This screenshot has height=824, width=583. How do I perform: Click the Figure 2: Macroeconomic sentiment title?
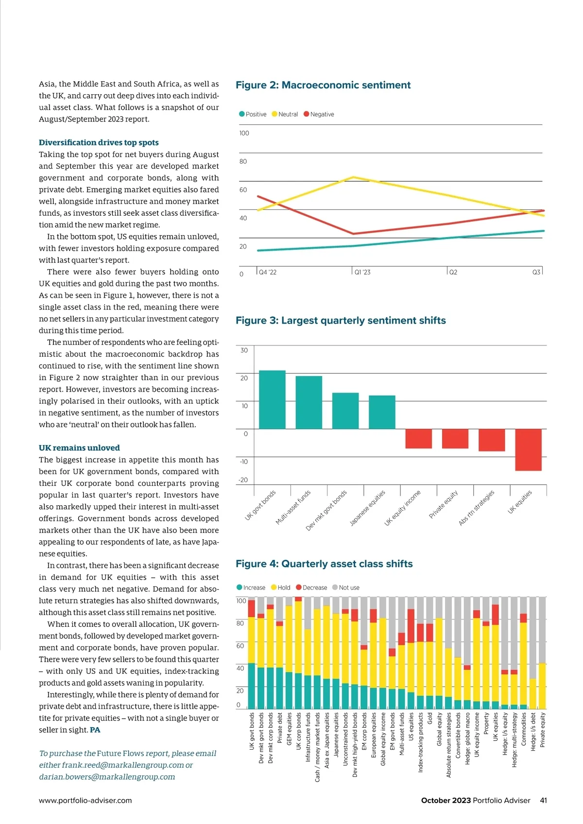[x=323, y=85]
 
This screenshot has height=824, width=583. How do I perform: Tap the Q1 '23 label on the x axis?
[x=362, y=273]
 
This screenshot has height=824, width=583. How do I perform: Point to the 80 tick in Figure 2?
[x=243, y=161]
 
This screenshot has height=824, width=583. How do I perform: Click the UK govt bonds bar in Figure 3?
[x=272, y=399]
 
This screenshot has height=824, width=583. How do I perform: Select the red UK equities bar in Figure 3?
[x=528, y=449]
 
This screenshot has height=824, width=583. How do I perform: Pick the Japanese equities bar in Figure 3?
[x=382, y=412]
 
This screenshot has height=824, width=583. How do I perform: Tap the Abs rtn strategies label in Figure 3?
[x=476, y=508]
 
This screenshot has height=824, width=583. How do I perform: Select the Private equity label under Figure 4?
[x=543, y=730]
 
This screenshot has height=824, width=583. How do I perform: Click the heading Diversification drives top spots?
[x=99, y=142]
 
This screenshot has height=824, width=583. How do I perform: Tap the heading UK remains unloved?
[x=79, y=448]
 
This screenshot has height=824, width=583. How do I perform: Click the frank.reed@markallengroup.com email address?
[x=122, y=765]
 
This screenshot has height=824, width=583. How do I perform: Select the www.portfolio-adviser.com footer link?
[x=85, y=801]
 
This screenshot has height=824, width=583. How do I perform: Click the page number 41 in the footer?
[x=543, y=801]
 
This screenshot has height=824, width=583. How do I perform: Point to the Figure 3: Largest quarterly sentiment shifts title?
[x=341, y=321]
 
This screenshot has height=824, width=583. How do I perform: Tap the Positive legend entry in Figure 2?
[x=253, y=114]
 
